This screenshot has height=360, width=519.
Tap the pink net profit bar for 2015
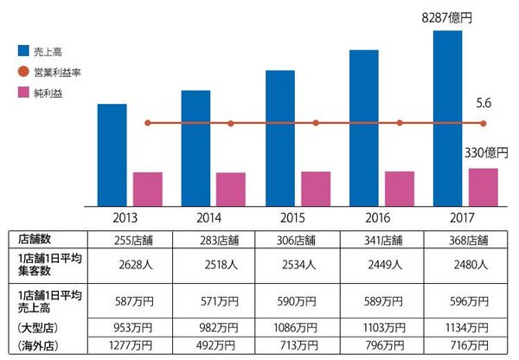[x=316, y=189]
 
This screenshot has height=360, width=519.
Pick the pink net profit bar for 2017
[x=484, y=187]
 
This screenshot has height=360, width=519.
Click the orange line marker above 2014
[x=231, y=123]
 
